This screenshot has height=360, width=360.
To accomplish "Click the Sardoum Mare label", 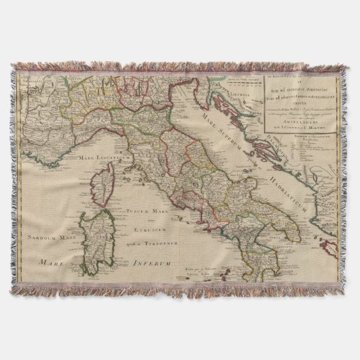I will point(46,237).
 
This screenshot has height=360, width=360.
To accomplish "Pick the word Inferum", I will point(151,262).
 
